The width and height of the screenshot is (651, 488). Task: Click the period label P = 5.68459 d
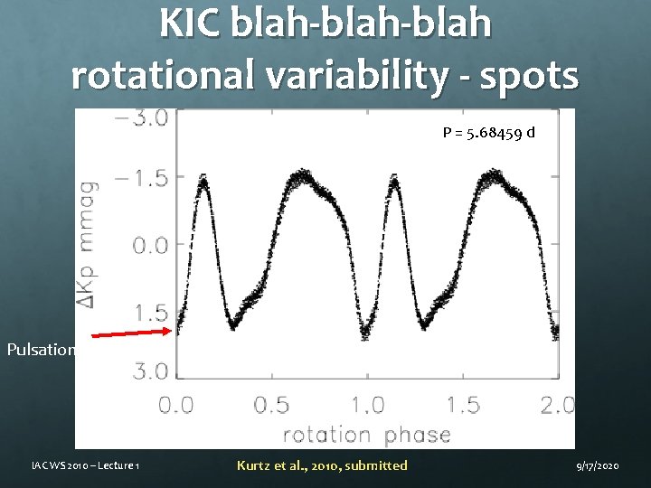click(488, 133)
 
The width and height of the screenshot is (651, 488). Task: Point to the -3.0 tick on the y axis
click(144, 119)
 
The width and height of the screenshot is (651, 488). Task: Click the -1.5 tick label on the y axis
click(144, 177)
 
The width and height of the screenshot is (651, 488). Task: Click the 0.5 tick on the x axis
click(272, 404)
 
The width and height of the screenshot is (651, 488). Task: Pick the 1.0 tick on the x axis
click(367, 404)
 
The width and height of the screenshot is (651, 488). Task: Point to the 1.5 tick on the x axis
click(463, 404)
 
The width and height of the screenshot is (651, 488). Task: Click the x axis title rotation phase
click(367, 435)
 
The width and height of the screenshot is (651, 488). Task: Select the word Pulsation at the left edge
click(40, 349)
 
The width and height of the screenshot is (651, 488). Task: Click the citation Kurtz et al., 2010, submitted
click(322, 465)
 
